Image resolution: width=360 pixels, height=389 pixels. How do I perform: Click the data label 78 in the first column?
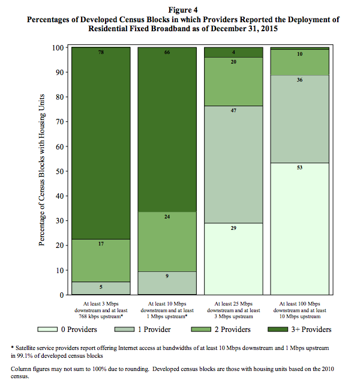tap(101, 52)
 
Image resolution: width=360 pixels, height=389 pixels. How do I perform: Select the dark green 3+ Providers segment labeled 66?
tap(167, 129)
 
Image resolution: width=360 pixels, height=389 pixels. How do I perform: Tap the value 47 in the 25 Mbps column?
tap(233, 110)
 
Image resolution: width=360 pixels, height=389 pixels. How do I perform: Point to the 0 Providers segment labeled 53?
tap(300, 229)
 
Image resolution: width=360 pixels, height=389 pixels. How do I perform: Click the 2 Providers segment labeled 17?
tap(101, 261)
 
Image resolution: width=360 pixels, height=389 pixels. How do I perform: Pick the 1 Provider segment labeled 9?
tap(167, 283)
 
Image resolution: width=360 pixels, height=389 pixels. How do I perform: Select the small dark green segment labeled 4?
tap(233, 52)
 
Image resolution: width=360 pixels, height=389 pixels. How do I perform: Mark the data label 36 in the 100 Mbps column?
tap(300, 80)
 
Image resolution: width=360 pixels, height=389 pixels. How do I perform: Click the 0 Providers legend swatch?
tap(47, 330)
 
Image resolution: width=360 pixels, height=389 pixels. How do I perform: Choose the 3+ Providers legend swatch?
tap(278, 330)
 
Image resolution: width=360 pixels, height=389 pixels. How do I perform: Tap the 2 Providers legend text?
tap(233, 330)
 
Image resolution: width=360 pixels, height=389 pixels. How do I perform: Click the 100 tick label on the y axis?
tap(58, 47)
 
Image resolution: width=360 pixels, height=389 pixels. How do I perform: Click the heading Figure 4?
tap(183, 10)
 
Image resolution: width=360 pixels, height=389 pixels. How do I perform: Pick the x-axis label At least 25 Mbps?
tap(233, 304)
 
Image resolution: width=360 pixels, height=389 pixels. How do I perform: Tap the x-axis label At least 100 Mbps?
tap(300, 304)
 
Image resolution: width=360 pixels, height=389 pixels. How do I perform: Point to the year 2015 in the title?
tap(269, 29)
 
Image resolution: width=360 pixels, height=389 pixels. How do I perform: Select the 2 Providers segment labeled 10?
tap(300, 62)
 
